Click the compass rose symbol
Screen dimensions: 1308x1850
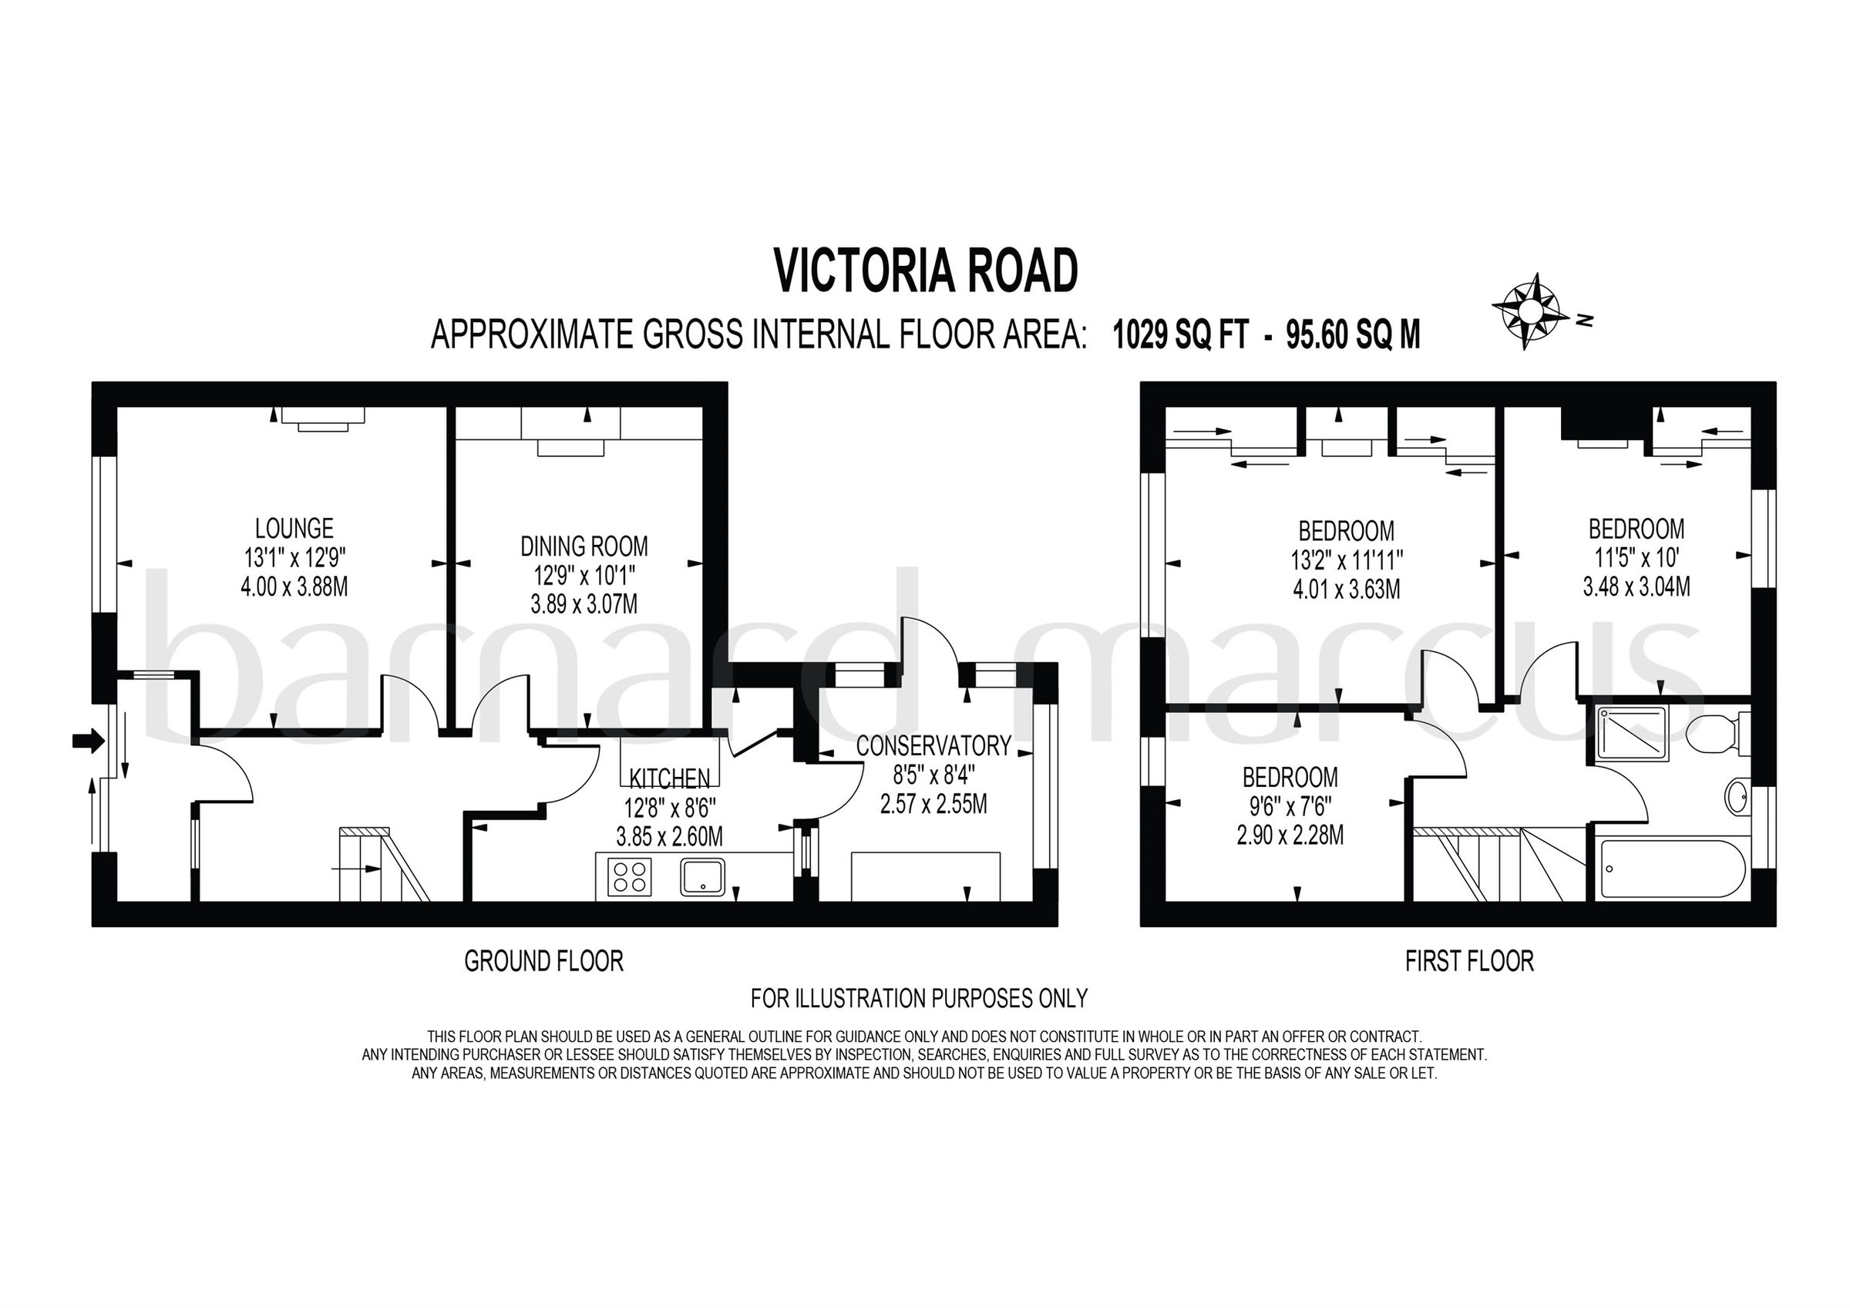(x=1526, y=311)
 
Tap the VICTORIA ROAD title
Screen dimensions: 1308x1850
(x=926, y=271)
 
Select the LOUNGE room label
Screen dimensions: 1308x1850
(x=294, y=529)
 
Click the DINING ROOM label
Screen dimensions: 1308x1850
(x=584, y=546)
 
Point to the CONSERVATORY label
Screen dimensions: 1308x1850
(x=933, y=746)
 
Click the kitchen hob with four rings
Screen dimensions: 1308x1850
(x=630, y=878)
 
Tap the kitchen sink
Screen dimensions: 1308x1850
(x=702, y=878)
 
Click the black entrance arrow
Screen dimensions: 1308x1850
(x=88, y=741)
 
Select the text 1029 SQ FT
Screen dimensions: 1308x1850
(x=1180, y=335)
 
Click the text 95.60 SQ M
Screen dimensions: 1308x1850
(x=1353, y=335)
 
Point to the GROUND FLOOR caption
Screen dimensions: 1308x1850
(x=544, y=961)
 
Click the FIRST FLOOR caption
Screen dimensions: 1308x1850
(x=1470, y=961)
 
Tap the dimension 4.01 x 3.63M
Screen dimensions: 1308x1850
(x=1347, y=589)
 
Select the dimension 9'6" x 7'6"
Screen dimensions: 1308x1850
(x=1290, y=807)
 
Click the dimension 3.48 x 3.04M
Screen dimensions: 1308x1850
(x=1636, y=587)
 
